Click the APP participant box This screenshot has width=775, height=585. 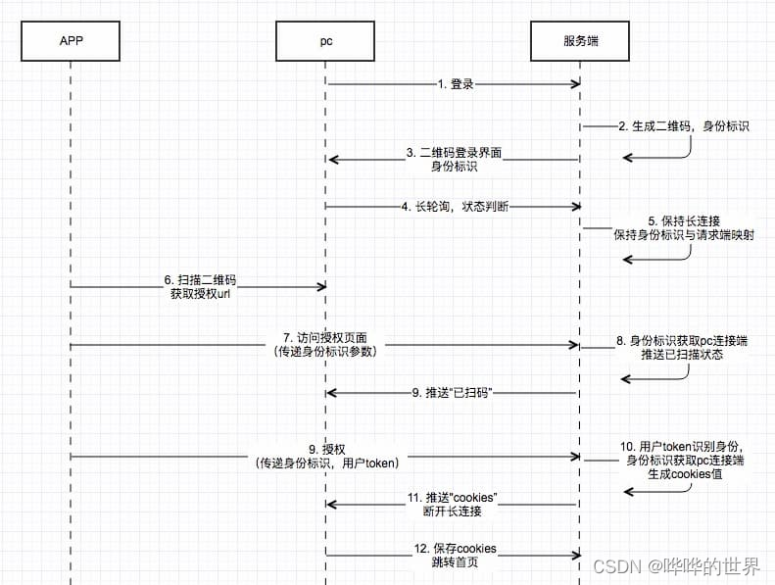click(71, 40)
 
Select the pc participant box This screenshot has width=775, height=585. click(325, 40)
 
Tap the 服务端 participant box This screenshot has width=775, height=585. click(580, 40)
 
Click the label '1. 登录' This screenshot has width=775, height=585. click(456, 84)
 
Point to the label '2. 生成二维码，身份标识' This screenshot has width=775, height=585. click(683, 126)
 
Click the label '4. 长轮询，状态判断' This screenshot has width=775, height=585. click(455, 207)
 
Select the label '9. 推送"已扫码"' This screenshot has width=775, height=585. click(452, 392)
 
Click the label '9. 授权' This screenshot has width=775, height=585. click(326, 449)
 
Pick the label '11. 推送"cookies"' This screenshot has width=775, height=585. click(452, 498)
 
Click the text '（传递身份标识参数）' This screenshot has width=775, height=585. click(324, 352)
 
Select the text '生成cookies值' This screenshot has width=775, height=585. click(683, 473)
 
